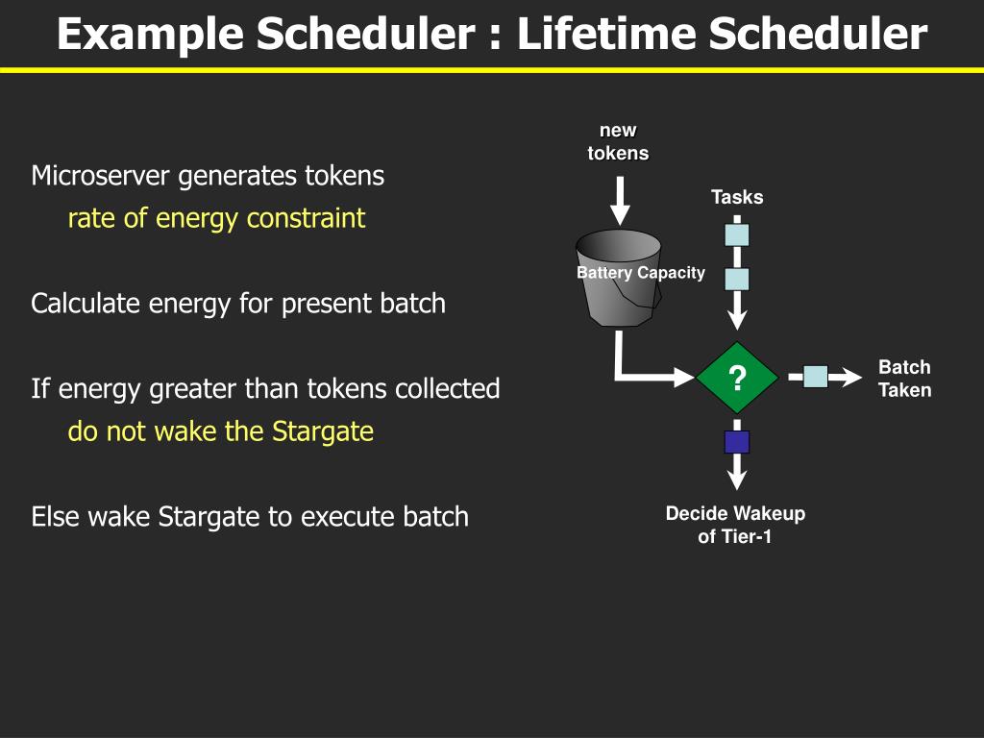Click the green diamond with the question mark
[x=737, y=378]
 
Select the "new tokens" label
[x=618, y=142]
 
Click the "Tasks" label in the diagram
[x=737, y=197]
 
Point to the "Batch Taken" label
[x=904, y=379]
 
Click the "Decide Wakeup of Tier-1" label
[x=735, y=525]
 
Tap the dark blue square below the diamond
[x=737, y=442]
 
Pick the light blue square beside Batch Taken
[x=815, y=378]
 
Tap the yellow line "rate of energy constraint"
[x=216, y=219]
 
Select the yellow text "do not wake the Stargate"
[x=220, y=431]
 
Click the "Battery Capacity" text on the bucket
[x=640, y=273]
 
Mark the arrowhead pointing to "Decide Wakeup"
[x=737, y=478]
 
